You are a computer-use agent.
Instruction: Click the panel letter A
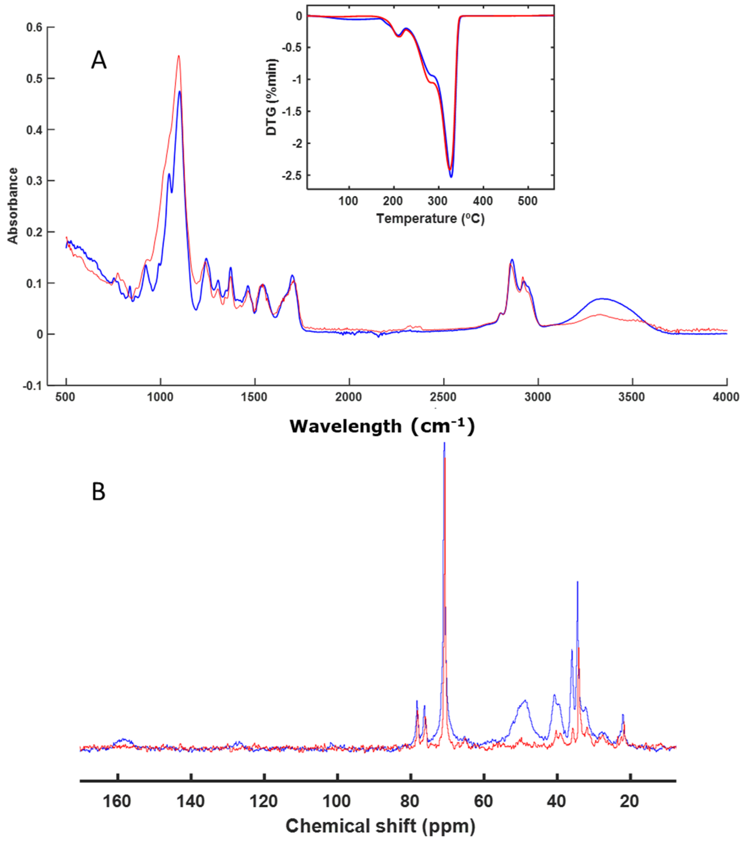[x=99, y=61]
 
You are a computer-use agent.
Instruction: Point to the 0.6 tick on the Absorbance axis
[x=34, y=27]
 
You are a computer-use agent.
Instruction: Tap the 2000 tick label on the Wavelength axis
[x=349, y=397]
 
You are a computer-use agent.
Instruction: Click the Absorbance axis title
[x=13, y=206]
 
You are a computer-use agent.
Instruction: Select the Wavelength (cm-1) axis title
[x=382, y=426]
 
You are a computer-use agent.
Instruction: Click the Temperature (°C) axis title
[x=430, y=218]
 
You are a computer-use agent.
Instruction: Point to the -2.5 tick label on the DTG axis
[x=292, y=176]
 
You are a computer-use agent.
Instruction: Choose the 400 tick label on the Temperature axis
[x=482, y=201]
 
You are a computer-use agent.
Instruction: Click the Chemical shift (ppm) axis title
[x=380, y=826]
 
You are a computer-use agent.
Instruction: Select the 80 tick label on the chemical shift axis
[x=410, y=801]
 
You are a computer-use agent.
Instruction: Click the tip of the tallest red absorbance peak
[x=179, y=56]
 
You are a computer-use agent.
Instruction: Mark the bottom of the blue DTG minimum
[x=451, y=177]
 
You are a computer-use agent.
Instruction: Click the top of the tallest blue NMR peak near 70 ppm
[x=444, y=443]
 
